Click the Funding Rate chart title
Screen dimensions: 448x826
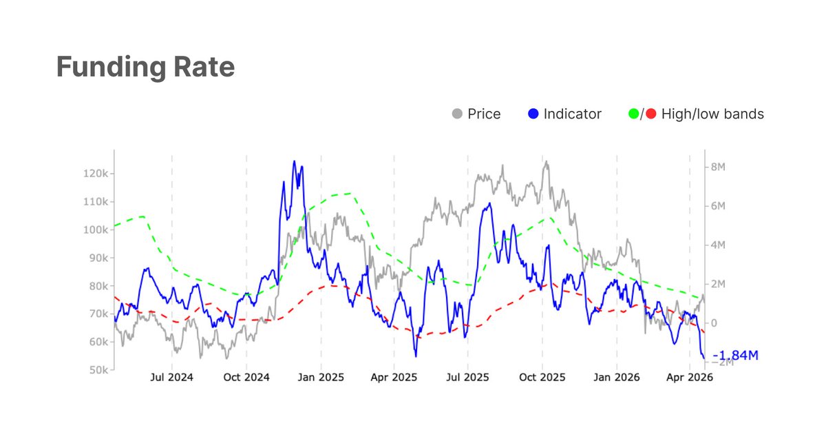[145, 68]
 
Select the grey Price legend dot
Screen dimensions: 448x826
[456, 114]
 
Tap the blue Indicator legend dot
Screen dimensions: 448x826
[533, 114]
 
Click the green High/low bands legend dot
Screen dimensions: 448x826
[634, 114]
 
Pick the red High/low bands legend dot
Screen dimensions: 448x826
[650, 114]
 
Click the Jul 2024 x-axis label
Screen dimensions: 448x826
[171, 378]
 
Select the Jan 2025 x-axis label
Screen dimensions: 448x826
[320, 378]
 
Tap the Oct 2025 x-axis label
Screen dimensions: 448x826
[542, 378]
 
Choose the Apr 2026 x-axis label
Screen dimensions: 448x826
[690, 378]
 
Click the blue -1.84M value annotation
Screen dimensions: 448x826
[735, 356]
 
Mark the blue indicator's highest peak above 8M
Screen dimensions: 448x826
[294, 162]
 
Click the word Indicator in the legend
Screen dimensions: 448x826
[572, 114]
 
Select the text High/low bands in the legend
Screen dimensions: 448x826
[712, 114]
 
